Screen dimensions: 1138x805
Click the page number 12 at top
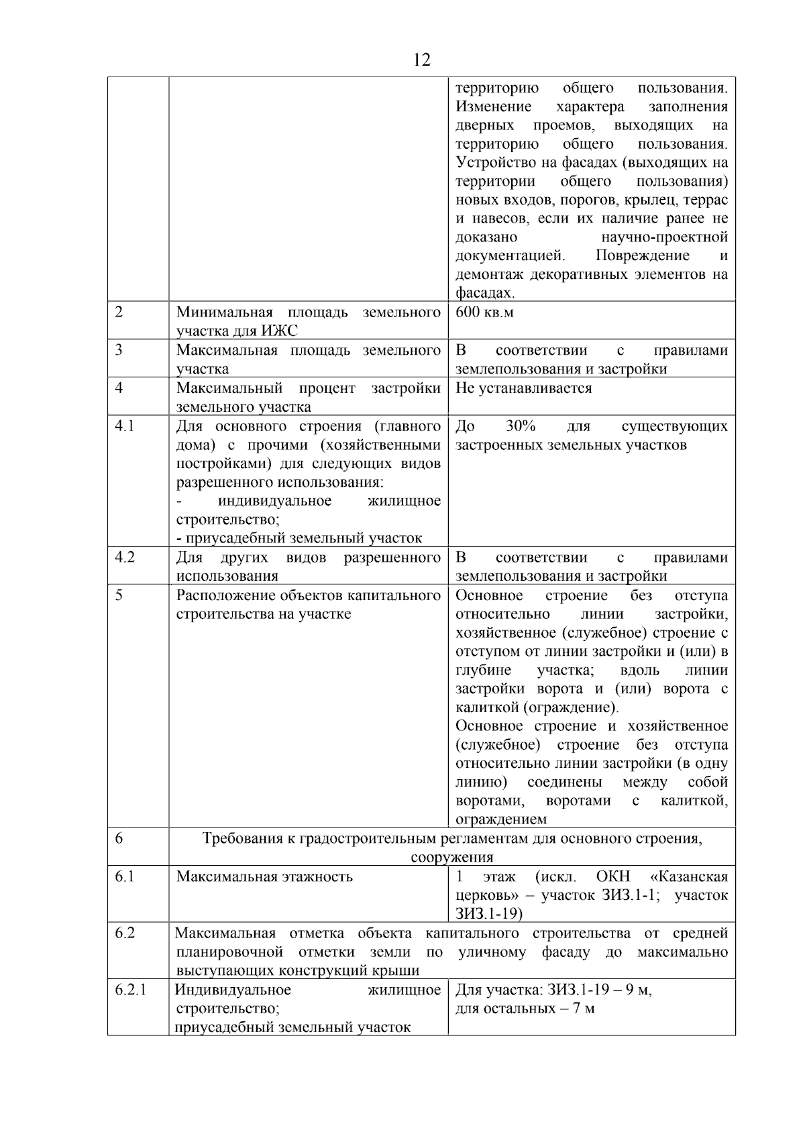[x=421, y=60]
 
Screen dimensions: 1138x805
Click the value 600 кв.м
[x=484, y=312]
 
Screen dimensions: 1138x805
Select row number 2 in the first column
[x=119, y=312]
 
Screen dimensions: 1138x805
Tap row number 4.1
[x=125, y=426]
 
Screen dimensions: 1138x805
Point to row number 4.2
[x=125, y=558]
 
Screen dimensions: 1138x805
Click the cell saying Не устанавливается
[x=523, y=388]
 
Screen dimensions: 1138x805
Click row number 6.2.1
[x=131, y=990]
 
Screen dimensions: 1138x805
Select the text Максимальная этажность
[x=264, y=876]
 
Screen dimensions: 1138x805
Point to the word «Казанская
[x=689, y=876]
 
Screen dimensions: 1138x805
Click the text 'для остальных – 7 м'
[x=525, y=1009]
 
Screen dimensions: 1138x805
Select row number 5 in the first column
[x=119, y=595]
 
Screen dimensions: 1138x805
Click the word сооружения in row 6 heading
[x=451, y=857]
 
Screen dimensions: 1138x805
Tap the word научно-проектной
[x=665, y=237]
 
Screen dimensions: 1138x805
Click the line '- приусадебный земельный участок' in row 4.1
[x=299, y=538]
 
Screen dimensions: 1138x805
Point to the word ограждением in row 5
[x=500, y=819]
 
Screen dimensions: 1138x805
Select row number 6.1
[x=125, y=876]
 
